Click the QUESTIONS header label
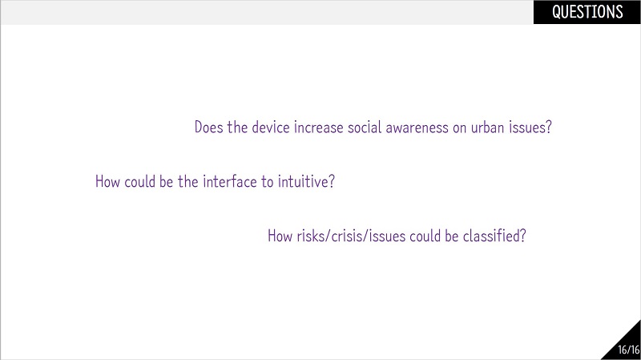pyautogui.click(x=587, y=12)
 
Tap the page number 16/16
pyautogui.click(x=629, y=350)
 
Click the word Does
pyautogui.click(x=209, y=127)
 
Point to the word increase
pyautogui.click(x=318, y=127)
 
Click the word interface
pyautogui.click(x=230, y=181)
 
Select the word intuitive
pyautogui.click(x=303, y=181)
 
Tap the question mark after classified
pyautogui.click(x=522, y=236)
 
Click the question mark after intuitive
pyautogui.click(x=332, y=181)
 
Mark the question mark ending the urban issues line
pyautogui.click(x=548, y=127)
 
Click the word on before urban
pyautogui.click(x=459, y=129)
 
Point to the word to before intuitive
pyautogui.click(x=268, y=182)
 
